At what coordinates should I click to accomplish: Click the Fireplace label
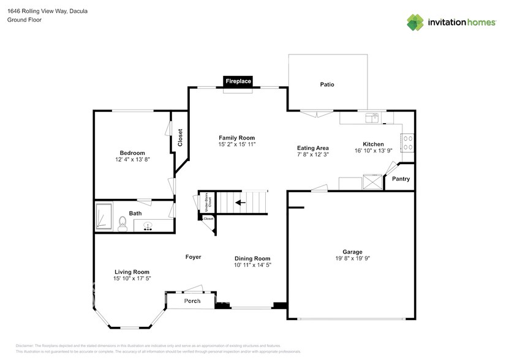(x=238, y=81)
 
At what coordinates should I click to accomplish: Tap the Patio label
(x=327, y=84)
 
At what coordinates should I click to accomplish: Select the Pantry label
(x=401, y=179)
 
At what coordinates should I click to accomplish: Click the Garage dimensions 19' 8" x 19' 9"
(x=352, y=258)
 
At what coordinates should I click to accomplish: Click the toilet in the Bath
(x=122, y=222)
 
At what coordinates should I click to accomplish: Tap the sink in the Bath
(x=148, y=225)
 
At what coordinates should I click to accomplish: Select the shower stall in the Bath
(x=104, y=217)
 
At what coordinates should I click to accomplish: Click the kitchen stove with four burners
(x=408, y=143)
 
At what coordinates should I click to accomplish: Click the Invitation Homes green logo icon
(x=415, y=23)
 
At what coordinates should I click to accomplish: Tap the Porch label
(x=192, y=301)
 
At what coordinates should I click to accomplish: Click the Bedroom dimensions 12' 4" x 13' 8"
(x=132, y=160)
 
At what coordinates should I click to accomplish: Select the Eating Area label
(x=313, y=148)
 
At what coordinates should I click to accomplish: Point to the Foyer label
(x=193, y=257)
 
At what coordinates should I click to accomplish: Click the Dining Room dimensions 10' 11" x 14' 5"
(x=252, y=266)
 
